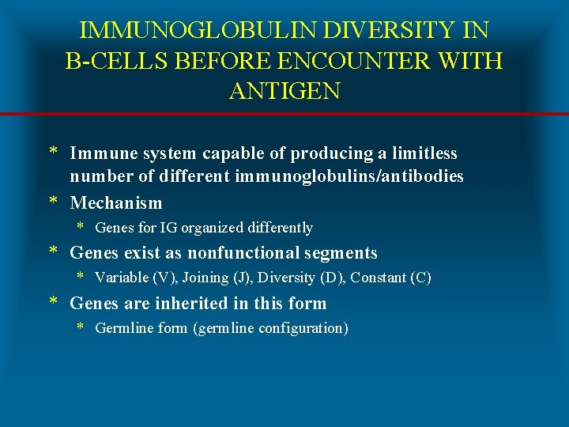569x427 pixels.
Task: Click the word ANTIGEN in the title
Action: pos(284,91)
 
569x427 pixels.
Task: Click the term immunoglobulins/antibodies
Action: pos(349,176)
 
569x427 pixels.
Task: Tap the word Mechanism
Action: pos(116,203)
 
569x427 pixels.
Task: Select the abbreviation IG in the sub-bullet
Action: pos(168,228)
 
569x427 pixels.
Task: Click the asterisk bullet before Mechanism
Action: pos(54,203)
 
